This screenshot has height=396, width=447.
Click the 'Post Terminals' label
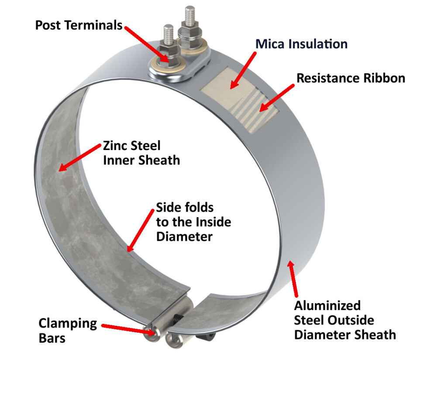[x=79, y=25]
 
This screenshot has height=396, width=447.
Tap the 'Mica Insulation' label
[x=301, y=44]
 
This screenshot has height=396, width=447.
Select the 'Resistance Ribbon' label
[x=351, y=78]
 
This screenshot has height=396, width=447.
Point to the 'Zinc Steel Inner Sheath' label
[x=141, y=153]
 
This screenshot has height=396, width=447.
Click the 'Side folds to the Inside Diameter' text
[x=193, y=222]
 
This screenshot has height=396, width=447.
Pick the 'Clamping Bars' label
[x=68, y=330]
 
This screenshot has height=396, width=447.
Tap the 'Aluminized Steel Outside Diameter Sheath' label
[x=345, y=320]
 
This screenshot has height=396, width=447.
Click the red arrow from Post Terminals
[x=147, y=44]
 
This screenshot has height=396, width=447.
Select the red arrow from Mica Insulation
[x=243, y=70]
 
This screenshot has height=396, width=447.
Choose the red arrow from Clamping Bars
[x=127, y=328]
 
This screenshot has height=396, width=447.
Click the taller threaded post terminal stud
[x=189, y=17]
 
